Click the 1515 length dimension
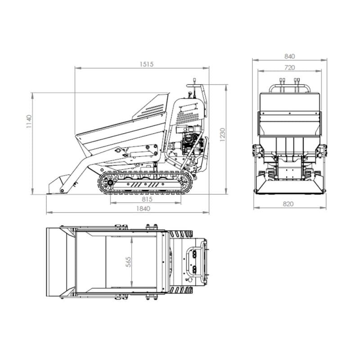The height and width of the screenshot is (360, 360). [147, 64]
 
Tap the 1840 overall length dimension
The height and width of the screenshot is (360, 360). [143, 208]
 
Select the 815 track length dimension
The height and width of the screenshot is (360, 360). [147, 199]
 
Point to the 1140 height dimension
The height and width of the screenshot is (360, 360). [29, 121]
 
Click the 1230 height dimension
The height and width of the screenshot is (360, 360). [222, 135]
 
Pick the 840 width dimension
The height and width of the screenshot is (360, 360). [289, 56]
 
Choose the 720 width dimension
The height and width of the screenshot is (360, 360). [289, 67]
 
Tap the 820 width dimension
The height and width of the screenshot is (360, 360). [288, 204]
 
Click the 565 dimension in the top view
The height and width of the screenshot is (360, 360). [128, 262]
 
